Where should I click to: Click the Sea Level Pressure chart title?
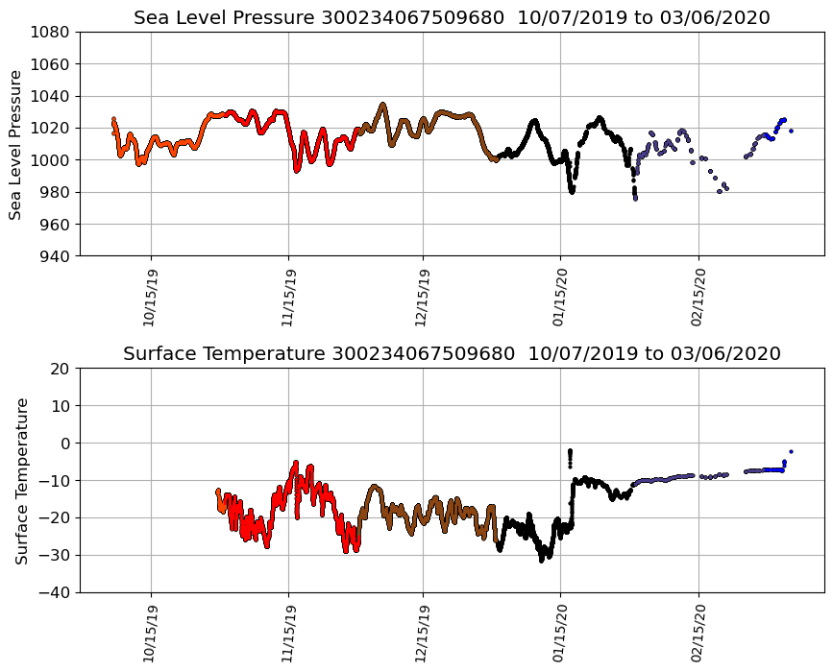[452, 17]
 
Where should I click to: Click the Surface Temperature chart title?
[452, 353]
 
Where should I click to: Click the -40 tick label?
[54, 592]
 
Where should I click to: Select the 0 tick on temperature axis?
[66, 444]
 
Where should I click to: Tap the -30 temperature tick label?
[54, 555]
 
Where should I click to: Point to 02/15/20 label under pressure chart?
[698, 299]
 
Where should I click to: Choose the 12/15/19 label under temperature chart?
[424, 635]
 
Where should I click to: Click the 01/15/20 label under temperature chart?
[561, 635]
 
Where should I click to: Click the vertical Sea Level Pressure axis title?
[16, 144]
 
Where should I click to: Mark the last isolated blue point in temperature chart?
[791, 451]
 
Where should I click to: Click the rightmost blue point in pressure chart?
[791, 131]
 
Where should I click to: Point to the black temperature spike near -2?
[570, 451]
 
